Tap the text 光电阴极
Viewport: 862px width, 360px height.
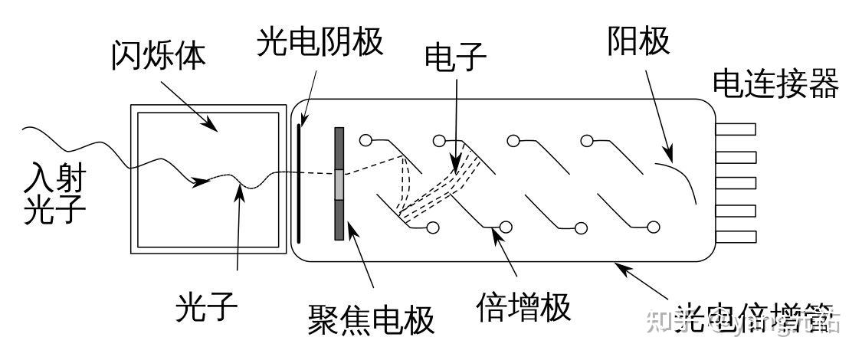pos(320,43)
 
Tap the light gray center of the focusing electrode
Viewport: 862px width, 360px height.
pos(339,184)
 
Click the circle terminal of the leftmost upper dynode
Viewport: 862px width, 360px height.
pos(365,140)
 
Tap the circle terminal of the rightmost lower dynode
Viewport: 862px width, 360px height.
pos(654,226)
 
